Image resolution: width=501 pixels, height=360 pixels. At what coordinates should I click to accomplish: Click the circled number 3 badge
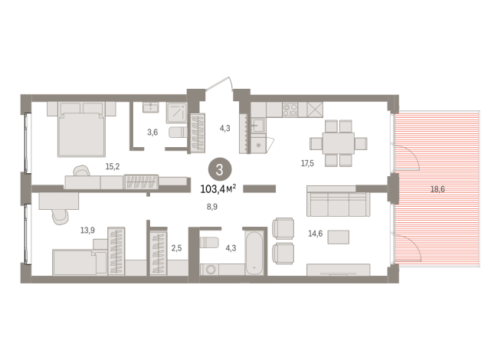(220, 170)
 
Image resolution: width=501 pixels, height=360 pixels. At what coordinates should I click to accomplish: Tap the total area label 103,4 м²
(218, 188)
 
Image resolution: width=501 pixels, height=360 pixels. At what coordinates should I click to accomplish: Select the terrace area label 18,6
(437, 189)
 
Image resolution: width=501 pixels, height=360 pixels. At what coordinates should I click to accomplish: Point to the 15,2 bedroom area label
(113, 166)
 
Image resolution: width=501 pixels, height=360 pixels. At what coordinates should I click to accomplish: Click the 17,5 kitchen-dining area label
(307, 164)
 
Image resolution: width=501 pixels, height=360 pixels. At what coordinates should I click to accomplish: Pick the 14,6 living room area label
(315, 234)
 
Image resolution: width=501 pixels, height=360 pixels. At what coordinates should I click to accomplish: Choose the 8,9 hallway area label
(212, 207)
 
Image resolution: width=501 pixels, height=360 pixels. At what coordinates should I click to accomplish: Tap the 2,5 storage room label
(176, 248)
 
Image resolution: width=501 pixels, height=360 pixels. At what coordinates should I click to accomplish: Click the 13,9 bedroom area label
(87, 230)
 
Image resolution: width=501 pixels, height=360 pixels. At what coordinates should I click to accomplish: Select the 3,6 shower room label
(152, 132)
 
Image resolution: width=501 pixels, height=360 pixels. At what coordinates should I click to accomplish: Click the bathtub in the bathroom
(254, 252)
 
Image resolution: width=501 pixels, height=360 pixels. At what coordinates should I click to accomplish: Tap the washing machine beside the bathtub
(210, 270)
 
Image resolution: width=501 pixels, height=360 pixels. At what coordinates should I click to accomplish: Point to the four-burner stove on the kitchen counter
(290, 110)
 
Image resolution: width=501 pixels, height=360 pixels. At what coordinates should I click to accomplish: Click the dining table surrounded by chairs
(338, 143)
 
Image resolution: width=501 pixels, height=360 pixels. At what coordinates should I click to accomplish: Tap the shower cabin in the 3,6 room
(176, 113)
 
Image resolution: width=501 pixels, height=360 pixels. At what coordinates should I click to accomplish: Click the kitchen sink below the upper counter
(258, 126)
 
